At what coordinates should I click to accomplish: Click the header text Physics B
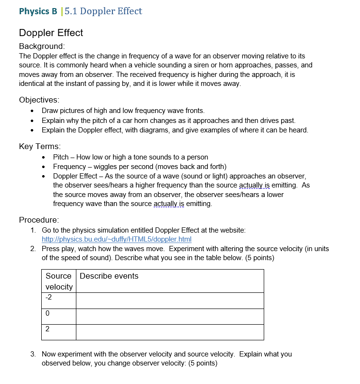pyautogui.click(x=37, y=11)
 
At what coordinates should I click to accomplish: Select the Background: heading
pyautogui.click(x=41, y=46)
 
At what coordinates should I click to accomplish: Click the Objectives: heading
pyautogui.click(x=39, y=100)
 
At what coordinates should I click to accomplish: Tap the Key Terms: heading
pyautogui.click(x=40, y=146)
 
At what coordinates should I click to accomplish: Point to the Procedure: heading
pyautogui.click(x=38, y=220)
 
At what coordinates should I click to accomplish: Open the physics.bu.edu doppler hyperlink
pyautogui.click(x=116, y=239)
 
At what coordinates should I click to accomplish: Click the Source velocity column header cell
pyautogui.click(x=59, y=281)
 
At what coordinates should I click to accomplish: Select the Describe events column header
pyautogui.click(x=109, y=276)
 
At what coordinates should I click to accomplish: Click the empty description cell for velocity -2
pyautogui.click(x=169, y=300)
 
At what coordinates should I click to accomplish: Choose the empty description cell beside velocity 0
pyautogui.click(x=169, y=317)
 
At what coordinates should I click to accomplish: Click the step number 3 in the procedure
pyautogui.click(x=32, y=354)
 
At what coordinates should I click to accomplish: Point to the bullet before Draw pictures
pyautogui.click(x=31, y=111)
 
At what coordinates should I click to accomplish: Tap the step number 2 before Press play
pyautogui.click(x=32, y=249)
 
